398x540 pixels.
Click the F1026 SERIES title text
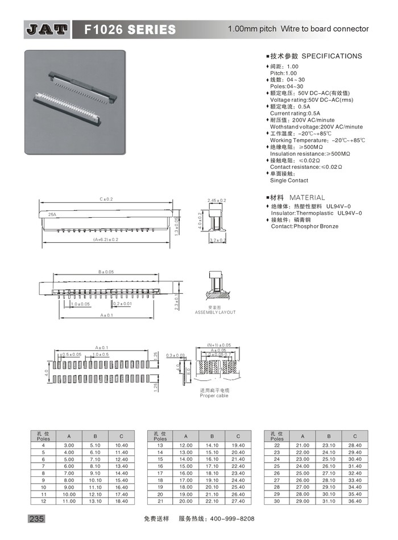point(130,29)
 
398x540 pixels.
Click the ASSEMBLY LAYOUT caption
point(215,313)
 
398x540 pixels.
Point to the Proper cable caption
point(214,396)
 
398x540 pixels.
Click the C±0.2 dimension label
point(107,200)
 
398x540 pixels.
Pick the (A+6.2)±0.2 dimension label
point(106,239)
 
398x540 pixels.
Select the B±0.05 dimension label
point(106,272)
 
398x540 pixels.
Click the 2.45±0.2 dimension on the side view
point(217,201)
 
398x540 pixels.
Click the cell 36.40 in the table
point(355,501)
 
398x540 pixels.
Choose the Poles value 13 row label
point(160,445)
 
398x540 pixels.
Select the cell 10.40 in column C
point(121,445)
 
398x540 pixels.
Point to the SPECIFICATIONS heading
point(331,56)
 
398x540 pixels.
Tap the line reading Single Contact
point(289,180)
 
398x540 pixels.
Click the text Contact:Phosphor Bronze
point(304,226)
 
